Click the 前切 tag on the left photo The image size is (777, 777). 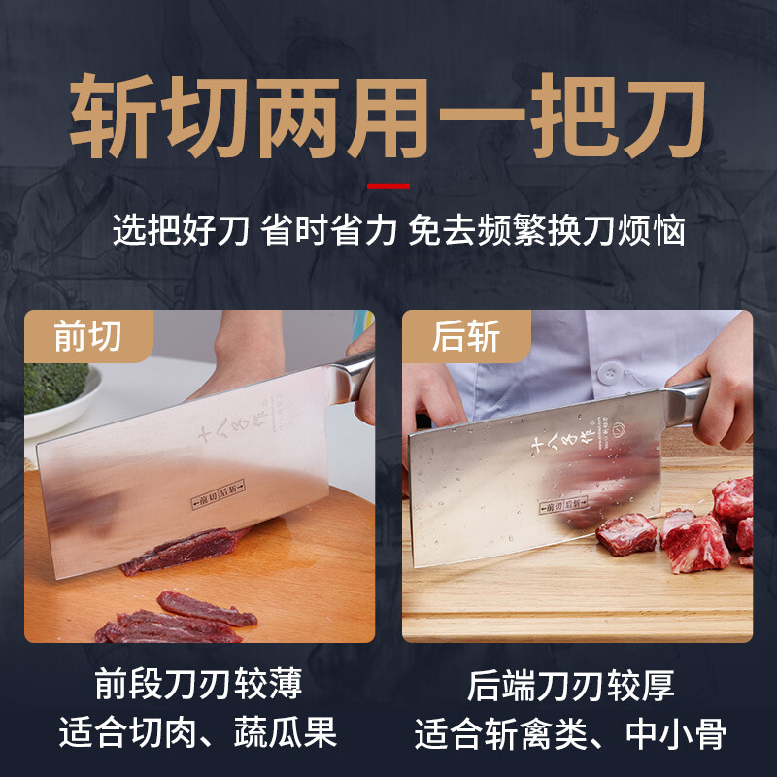pyautogui.click(x=88, y=336)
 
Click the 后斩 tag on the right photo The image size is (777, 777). pyautogui.click(x=466, y=336)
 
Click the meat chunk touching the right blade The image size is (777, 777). pyautogui.click(x=626, y=532)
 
